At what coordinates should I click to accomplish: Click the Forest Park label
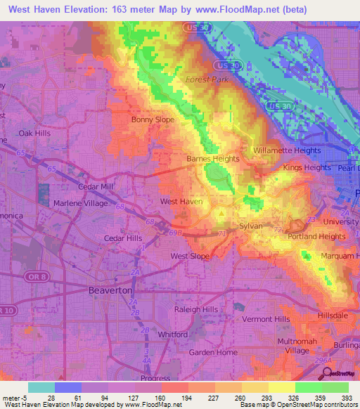coord(207,79)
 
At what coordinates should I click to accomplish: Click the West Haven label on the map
coord(181,202)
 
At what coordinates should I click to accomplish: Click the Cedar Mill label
coord(97,186)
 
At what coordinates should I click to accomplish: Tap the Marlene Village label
coord(81,204)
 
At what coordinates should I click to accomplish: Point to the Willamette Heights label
coord(287,150)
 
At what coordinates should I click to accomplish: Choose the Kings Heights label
coord(307,168)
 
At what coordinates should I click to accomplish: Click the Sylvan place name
coord(251,226)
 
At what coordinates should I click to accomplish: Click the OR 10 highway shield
coord(6,310)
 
